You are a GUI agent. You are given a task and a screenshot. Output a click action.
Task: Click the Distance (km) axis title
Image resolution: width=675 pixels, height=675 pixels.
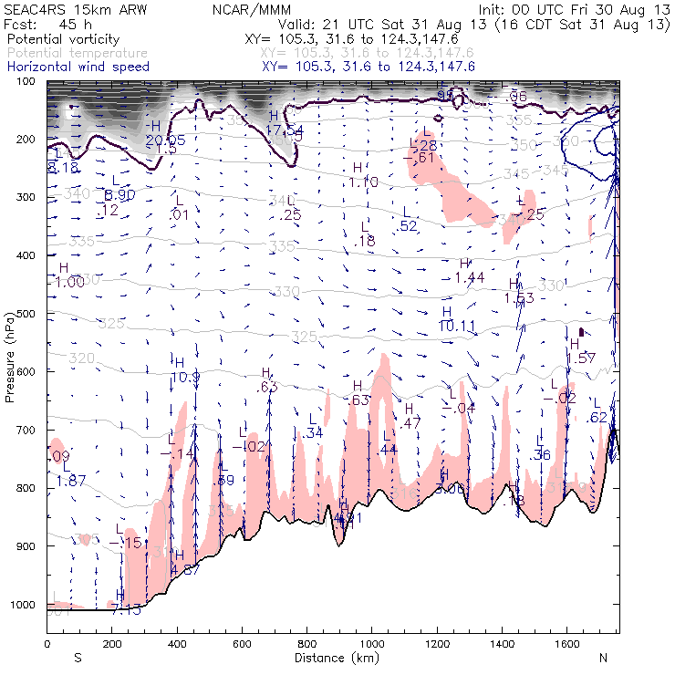click(x=332, y=657)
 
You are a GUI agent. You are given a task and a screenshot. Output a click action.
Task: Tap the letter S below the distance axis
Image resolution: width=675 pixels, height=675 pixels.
click(x=78, y=658)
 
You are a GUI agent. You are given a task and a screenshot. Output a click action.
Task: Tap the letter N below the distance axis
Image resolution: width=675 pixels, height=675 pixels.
click(x=603, y=658)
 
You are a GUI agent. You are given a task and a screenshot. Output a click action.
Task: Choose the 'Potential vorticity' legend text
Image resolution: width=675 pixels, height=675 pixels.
click(x=57, y=40)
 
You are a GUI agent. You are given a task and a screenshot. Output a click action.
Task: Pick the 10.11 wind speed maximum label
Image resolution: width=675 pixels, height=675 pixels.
click(x=457, y=326)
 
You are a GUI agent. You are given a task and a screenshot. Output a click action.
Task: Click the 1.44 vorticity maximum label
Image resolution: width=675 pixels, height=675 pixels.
click(x=469, y=277)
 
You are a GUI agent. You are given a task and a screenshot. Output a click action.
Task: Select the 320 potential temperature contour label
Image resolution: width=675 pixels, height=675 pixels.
click(x=82, y=358)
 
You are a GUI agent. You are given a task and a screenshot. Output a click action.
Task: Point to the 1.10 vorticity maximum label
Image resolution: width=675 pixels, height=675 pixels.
click(x=363, y=182)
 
